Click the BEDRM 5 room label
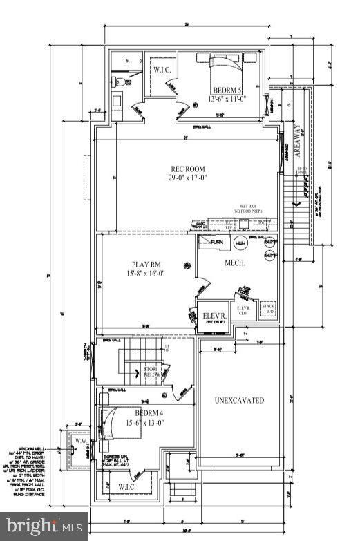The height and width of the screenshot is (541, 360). (x=227, y=91)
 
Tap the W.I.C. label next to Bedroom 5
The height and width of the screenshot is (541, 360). (x=162, y=70)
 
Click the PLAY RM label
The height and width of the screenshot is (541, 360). (x=146, y=264)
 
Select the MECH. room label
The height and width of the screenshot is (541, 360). (x=234, y=263)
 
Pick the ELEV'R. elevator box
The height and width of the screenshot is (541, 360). (x=212, y=317)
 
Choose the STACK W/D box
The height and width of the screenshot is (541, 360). (x=268, y=308)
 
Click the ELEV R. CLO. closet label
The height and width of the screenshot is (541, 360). (x=243, y=310)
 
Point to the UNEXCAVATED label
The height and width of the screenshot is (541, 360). (x=239, y=400)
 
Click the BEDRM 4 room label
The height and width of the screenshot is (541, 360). (x=147, y=413)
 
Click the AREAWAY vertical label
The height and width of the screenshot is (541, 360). (x=299, y=142)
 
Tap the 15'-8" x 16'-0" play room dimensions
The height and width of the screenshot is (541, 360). (x=146, y=274)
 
